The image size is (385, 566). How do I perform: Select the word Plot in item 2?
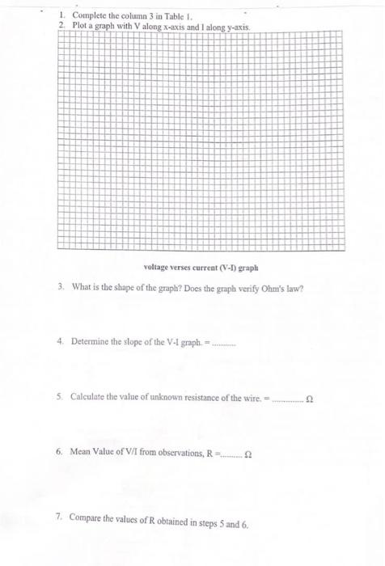coord(79,26)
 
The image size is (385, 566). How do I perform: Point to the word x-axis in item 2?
coord(154,26)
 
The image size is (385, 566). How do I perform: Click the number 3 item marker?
coord(61,289)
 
